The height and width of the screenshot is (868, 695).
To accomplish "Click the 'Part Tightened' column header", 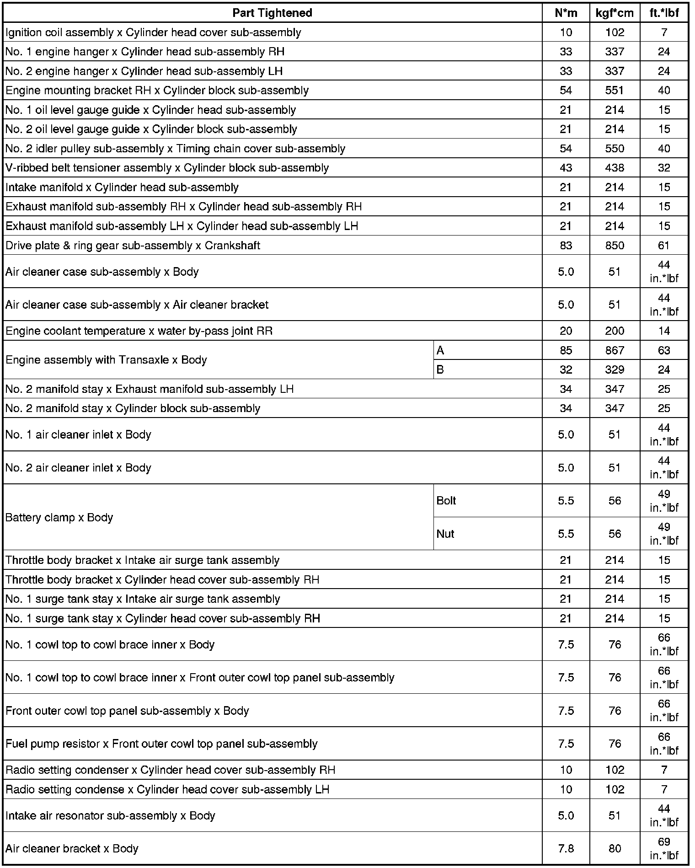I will [x=272, y=13].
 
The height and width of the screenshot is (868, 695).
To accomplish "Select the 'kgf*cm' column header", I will [x=615, y=13].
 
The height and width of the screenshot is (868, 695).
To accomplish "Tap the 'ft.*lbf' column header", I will [x=664, y=13].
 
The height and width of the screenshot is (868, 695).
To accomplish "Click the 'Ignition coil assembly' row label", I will [x=153, y=32].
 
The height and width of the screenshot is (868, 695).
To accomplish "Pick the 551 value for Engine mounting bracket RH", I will [x=615, y=90].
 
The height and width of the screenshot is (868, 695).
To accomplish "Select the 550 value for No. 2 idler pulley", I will [x=615, y=149].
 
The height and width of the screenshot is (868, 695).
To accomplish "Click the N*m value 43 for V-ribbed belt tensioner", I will [x=566, y=168].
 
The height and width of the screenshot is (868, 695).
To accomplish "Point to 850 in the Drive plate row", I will [x=615, y=246].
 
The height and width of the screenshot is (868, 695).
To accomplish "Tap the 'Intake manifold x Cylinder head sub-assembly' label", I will [x=122, y=188].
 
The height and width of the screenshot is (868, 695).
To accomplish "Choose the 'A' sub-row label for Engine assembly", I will [x=440, y=350].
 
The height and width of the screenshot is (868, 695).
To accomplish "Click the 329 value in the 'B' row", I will [x=615, y=370].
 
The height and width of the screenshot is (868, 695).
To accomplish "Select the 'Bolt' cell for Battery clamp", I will [x=446, y=500].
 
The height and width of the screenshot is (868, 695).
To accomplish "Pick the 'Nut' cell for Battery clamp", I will [x=445, y=534].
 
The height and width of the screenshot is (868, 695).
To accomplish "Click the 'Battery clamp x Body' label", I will [x=59, y=517].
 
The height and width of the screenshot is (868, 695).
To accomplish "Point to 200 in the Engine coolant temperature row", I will [x=615, y=331].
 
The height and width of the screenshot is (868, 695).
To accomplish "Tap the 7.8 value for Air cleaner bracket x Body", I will [x=566, y=848].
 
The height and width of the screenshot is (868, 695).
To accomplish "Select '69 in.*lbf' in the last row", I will [x=664, y=848].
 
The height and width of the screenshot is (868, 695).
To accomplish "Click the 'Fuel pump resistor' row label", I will [x=161, y=744].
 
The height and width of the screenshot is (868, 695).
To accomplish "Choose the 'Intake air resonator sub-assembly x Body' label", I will [x=110, y=815].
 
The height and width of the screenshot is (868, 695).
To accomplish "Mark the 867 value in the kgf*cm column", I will [x=615, y=350].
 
